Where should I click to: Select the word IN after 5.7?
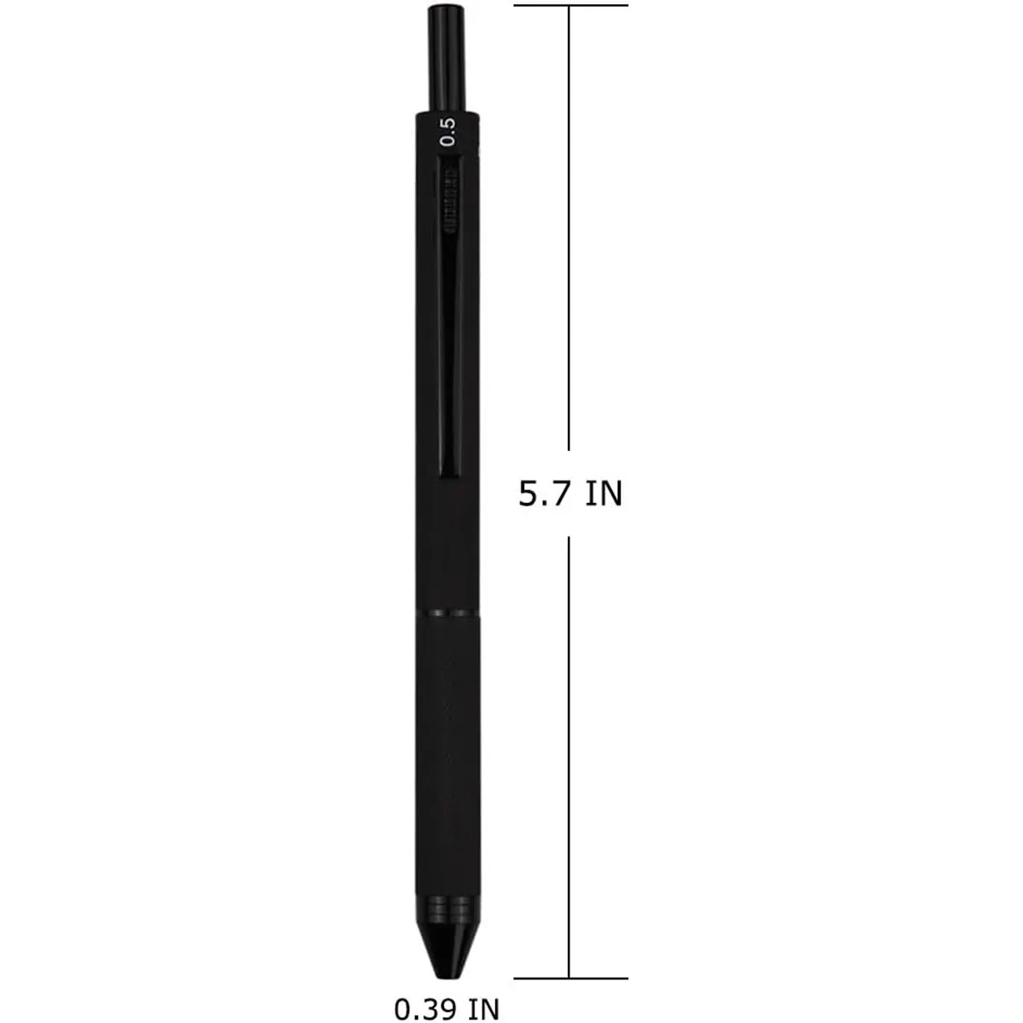pyautogui.click(x=604, y=494)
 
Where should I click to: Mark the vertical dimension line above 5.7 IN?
pyautogui.click(x=569, y=230)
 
